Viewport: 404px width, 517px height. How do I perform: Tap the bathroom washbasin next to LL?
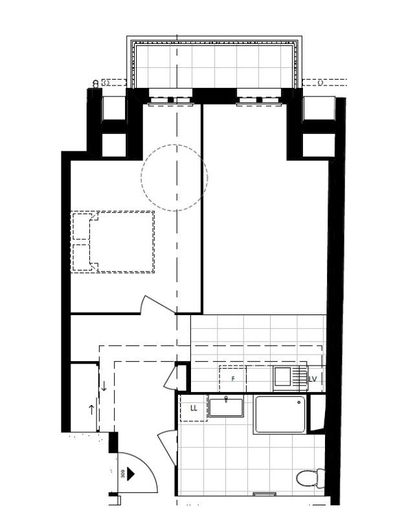click(x=225, y=408)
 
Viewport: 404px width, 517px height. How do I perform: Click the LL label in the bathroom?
click(x=193, y=408)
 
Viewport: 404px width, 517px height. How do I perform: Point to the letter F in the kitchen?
click(x=232, y=379)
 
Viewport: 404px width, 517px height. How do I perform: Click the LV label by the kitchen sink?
click(x=313, y=379)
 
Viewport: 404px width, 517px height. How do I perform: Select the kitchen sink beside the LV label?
click(x=282, y=375)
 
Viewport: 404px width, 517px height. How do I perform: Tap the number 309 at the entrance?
click(x=122, y=472)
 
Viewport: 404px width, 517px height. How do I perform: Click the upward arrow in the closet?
click(x=91, y=409)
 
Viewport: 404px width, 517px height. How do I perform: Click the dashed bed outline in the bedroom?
click(x=113, y=241)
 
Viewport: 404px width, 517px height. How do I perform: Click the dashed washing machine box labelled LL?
click(x=193, y=409)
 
